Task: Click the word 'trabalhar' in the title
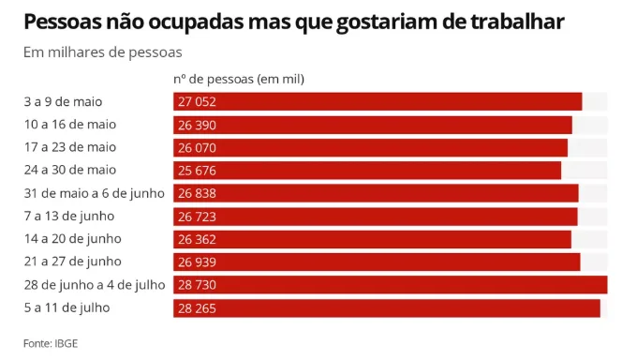(x=517, y=22)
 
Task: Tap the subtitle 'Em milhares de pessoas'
(x=103, y=52)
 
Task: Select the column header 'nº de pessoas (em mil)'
(x=239, y=79)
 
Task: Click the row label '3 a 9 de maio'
(x=63, y=101)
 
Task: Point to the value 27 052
(x=197, y=101)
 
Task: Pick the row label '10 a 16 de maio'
(x=70, y=125)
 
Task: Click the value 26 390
(x=197, y=125)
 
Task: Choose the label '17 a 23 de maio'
(x=70, y=147)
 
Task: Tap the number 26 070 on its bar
(x=197, y=147)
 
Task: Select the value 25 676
(x=197, y=171)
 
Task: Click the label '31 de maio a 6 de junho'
(x=95, y=193)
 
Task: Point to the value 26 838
(x=197, y=193)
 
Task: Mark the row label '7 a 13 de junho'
(x=69, y=216)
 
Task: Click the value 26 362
(x=197, y=239)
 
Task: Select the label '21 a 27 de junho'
(x=72, y=262)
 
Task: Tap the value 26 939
(x=197, y=262)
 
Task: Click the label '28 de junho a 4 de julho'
(x=95, y=285)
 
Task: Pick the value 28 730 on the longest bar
(x=197, y=285)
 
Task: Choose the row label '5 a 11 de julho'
(x=67, y=307)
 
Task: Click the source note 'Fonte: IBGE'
(x=51, y=343)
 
